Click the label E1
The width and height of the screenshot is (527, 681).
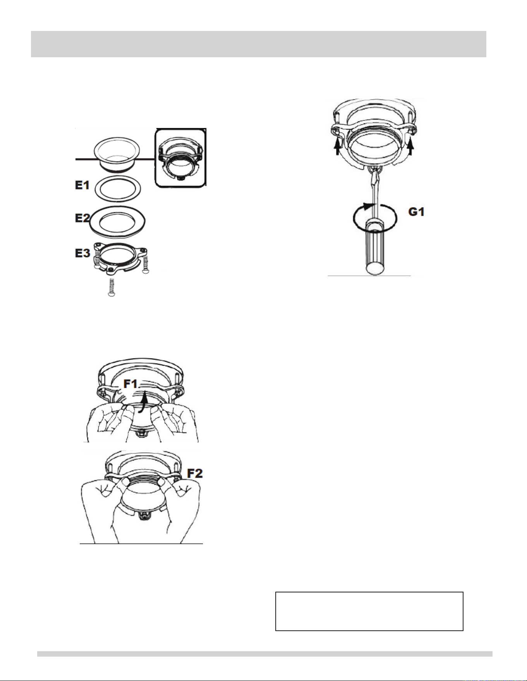coord(82,185)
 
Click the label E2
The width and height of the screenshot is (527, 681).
coord(82,218)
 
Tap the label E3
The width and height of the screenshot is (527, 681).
coord(82,253)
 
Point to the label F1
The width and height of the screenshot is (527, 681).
coord(130,384)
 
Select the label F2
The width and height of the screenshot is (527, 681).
coord(195,473)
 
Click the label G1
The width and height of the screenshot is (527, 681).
coord(417,212)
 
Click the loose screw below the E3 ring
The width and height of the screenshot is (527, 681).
coord(112,287)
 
